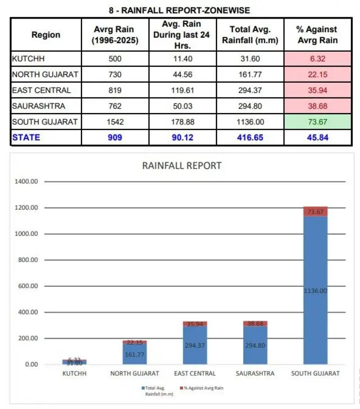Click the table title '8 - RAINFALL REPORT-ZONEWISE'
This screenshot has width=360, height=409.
pyautogui.click(x=179, y=11)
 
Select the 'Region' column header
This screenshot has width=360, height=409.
pyautogui.click(x=46, y=35)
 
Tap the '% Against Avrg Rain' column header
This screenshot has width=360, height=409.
pyautogui.click(x=317, y=35)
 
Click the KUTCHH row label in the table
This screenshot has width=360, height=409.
pyautogui.click(x=28, y=59)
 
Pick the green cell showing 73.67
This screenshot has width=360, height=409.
pyautogui.click(x=317, y=122)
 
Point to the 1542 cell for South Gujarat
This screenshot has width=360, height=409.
pyautogui.click(x=115, y=122)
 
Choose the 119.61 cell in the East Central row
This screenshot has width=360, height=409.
pyautogui.click(x=183, y=90)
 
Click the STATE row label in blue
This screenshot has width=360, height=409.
pyautogui.click(x=26, y=137)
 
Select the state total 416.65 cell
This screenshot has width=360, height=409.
pyautogui.click(x=250, y=137)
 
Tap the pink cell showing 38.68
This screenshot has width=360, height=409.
pyautogui.click(x=317, y=106)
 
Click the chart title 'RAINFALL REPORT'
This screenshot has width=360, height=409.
pyautogui.click(x=182, y=165)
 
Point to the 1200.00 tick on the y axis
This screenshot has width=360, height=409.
pyautogui.click(x=26, y=208)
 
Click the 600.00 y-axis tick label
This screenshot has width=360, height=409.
pyautogui.click(x=28, y=286)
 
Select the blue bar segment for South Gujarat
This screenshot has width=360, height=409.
pyautogui.click(x=316, y=290)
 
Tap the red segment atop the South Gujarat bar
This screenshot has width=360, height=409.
pyautogui.click(x=316, y=212)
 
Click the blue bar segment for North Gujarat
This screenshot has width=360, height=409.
pyautogui.click(x=134, y=354)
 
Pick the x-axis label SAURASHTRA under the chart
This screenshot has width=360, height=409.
pyautogui.click(x=255, y=374)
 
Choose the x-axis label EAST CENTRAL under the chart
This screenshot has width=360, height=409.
pyautogui.click(x=195, y=374)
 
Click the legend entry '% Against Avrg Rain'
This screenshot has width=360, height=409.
pyautogui.click(x=201, y=388)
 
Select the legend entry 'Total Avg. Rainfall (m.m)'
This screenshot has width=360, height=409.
pyautogui.click(x=157, y=391)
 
